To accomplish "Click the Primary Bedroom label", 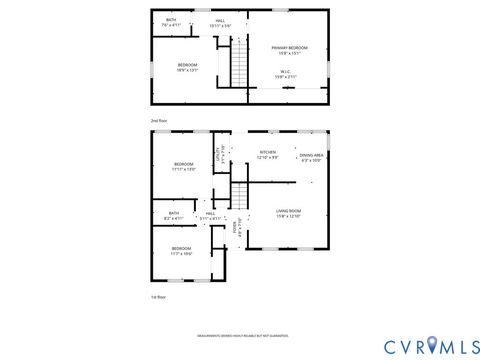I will click(289, 50).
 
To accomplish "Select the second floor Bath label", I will click(171, 22).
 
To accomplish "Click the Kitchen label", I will click(269, 155).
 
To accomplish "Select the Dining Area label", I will click(312, 158).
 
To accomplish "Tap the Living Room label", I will click(289, 213).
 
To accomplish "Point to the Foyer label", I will click(236, 226).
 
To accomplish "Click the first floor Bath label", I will click(174, 215).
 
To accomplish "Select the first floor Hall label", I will click(210, 215).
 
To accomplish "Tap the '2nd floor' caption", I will click(158, 120).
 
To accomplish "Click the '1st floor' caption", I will click(158, 297).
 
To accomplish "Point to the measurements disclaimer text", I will click(240, 335).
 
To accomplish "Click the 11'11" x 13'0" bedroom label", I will click(182, 166).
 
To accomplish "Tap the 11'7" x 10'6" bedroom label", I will click(181, 250).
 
